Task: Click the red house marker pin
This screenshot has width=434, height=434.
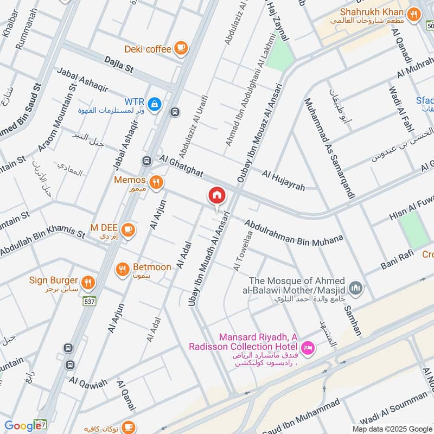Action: [216, 195]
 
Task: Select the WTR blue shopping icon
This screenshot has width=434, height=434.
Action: [155, 103]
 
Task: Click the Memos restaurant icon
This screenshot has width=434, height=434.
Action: [156, 182]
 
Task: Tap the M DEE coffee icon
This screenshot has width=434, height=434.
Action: [128, 230]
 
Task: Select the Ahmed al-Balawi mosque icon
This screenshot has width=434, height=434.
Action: [356, 286]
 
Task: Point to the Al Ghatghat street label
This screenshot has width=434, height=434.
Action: [181, 165]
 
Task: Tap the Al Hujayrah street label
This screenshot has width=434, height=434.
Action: [283, 181]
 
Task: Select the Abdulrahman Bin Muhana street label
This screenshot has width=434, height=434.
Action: [293, 232]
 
